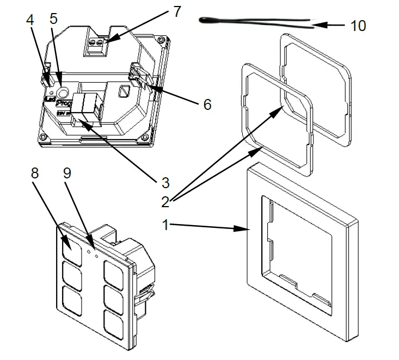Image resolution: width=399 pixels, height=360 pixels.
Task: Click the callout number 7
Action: coord(177,11)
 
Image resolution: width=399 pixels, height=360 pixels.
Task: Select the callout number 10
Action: coord(358,26)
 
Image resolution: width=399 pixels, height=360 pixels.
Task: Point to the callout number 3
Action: coord(165,180)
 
